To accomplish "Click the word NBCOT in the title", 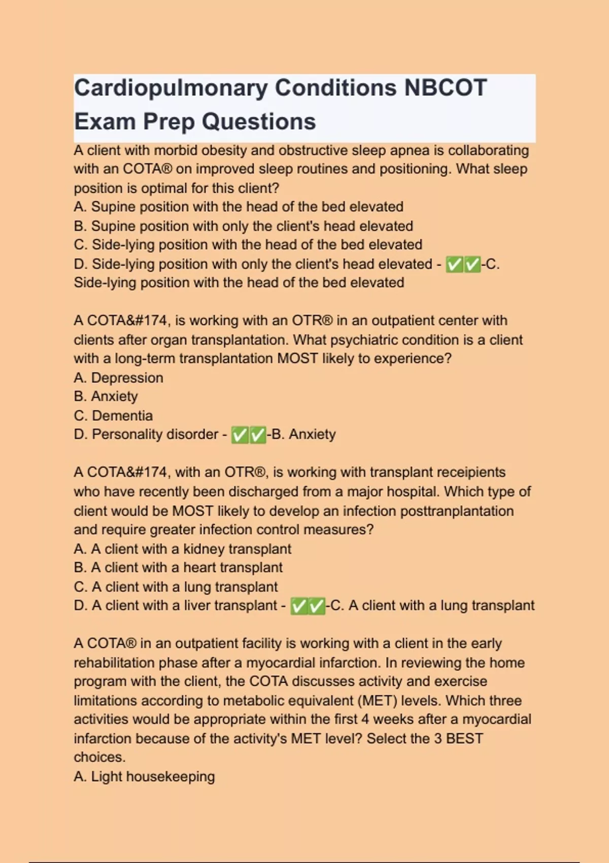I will point(445,88).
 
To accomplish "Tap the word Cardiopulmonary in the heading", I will point(171,88).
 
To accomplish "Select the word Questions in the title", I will point(259,122).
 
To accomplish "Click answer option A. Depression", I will point(118,378).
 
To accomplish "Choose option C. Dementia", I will point(113,416).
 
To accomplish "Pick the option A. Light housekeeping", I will point(144,777).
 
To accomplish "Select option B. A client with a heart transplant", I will point(178,568).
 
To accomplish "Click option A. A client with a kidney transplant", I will point(182,549).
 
